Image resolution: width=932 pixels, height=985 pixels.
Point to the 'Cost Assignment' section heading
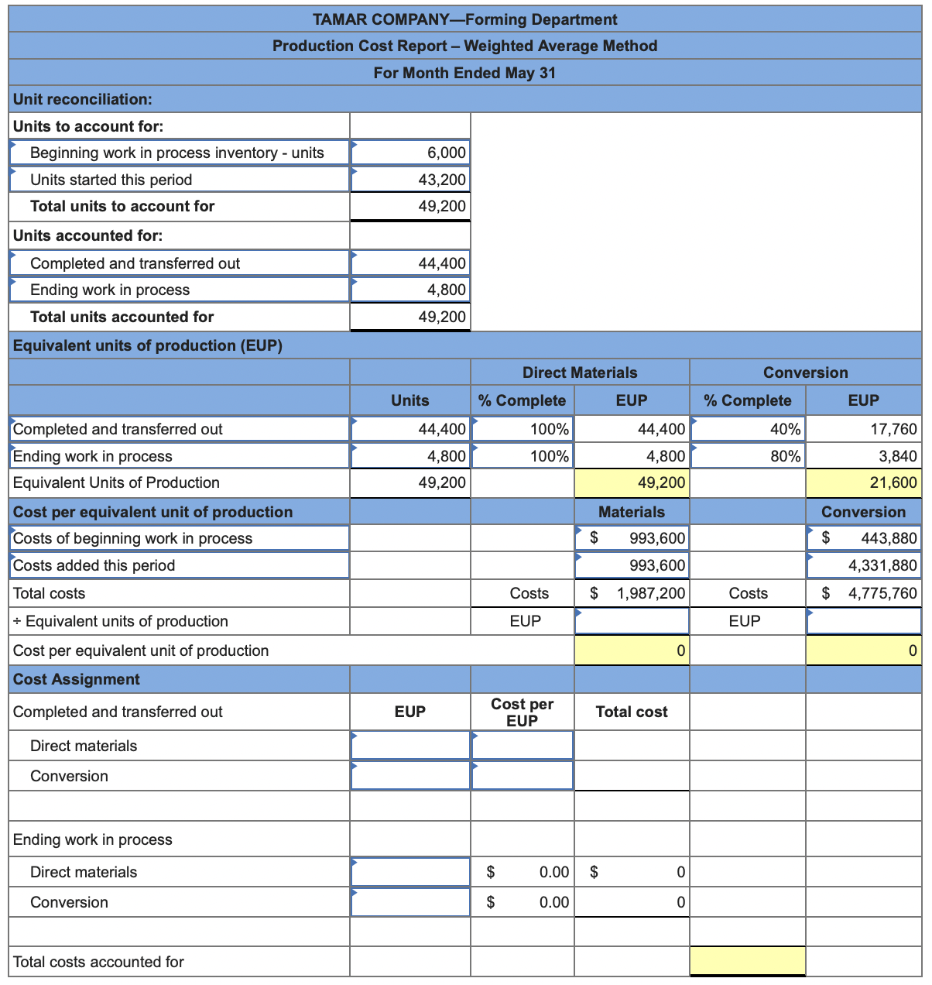point(77,679)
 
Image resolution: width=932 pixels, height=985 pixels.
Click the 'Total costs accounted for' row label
point(98,962)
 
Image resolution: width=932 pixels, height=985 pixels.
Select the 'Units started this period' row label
point(111,180)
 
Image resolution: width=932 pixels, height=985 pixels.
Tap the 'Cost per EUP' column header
point(522,712)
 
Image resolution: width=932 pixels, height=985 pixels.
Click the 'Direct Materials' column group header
point(580,372)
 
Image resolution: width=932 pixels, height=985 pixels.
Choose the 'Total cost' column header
point(631,712)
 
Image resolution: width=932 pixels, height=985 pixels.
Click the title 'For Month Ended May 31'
point(464,73)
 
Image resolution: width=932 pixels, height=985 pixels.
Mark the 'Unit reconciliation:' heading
point(83,99)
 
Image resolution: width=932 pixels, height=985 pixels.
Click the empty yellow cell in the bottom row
point(747,962)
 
